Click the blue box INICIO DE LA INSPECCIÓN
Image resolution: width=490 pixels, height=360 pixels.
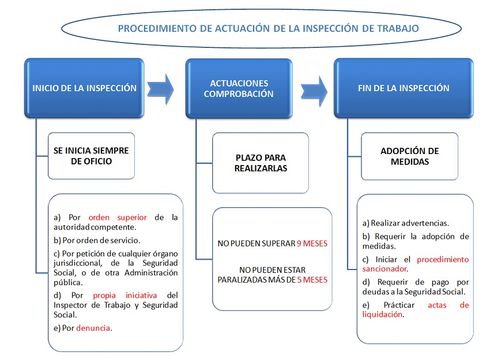(84, 88)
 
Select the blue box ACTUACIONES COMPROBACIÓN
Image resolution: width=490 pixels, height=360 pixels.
(239, 88)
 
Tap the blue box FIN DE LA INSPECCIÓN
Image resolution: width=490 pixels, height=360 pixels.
(404, 88)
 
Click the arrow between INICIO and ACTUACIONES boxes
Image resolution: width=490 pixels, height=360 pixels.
(160, 89)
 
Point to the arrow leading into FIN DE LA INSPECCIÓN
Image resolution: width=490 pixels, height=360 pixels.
(314, 91)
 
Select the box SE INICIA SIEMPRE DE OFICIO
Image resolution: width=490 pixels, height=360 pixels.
(91, 156)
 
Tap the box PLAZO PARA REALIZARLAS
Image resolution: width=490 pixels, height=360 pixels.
(261, 163)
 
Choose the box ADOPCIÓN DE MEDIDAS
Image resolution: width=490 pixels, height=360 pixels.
(409, 156)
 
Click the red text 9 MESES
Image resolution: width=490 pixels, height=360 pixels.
(312, 243)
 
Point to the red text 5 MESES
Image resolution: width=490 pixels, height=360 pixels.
(312, 280)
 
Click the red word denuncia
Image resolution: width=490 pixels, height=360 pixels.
(93, 328)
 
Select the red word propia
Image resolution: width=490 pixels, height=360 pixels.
(104, 295)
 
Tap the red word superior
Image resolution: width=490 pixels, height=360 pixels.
(132, 217)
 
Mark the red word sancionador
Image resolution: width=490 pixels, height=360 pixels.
(385, 269)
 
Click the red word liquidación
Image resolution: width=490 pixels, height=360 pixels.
(383, 314)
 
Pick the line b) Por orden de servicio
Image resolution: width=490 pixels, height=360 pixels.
(97, 240)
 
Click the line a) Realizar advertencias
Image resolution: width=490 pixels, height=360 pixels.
(406, 223)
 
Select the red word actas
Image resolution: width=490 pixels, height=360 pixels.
(437, 305)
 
